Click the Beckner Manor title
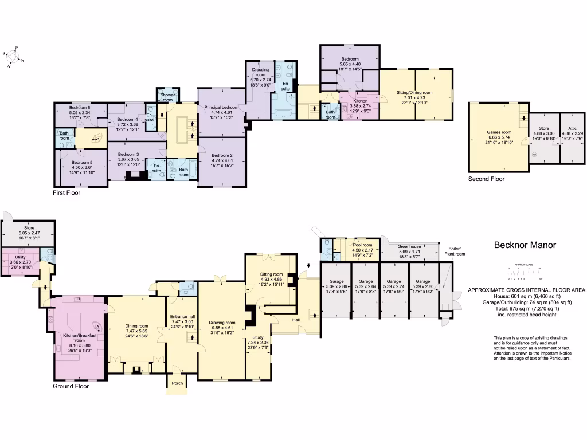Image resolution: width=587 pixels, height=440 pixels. (525, 245)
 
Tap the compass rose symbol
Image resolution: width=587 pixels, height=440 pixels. (13, 56)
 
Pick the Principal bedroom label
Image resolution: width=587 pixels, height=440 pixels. (222, 107)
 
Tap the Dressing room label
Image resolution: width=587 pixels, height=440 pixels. (260, 72)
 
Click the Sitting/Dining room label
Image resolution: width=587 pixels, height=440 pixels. (414, 92)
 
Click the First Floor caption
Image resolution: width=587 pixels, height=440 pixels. (66, 193)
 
